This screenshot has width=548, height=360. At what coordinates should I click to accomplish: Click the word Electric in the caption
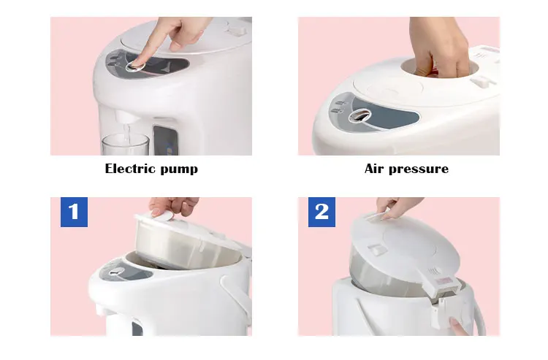(x=129, y=169)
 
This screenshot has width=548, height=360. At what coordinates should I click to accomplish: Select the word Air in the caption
(x=373, y=169)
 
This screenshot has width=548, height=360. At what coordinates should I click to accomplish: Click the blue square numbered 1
(x=74, y=212)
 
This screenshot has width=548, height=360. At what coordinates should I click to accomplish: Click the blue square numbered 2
(x=321, y=212)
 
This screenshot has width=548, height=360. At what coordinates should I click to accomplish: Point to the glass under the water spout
(x=125, y=145)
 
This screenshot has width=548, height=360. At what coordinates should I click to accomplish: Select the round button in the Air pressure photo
(x=359, y=115)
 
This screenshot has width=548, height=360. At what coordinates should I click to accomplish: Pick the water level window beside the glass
(x=165, y=140)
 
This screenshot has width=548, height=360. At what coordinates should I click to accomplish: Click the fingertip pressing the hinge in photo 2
(x=459, y=326)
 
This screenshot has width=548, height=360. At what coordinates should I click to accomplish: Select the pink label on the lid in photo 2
(x=444, y=280)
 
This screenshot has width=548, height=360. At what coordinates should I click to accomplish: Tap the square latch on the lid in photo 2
(x=377, y=249)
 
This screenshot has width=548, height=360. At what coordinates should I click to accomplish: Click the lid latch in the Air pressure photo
(x=482, y=82)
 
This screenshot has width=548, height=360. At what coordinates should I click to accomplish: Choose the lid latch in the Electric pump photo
(x=236, y=31)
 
